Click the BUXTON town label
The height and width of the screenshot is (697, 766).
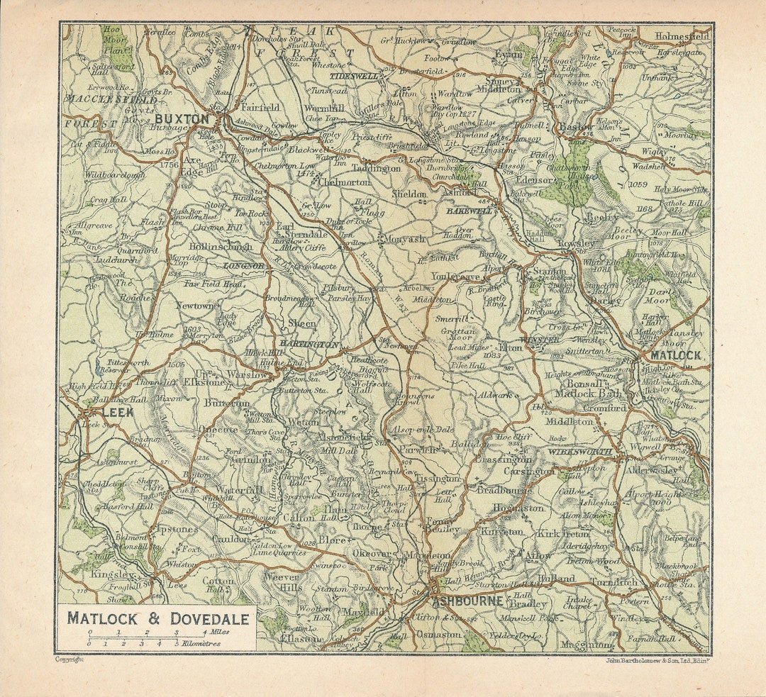pyautogui.click(x=182, y=119)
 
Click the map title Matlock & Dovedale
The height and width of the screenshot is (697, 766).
pyautogui.click(x=158, y=618)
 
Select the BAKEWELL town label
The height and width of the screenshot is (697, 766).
pyautogui.click(x=469, y=211)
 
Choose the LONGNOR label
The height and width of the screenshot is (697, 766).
pyautogui.click(x=243, y=265)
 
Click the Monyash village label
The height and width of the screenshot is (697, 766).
pyautogui.click(x=403, y=240)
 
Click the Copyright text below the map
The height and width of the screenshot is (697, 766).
pyautogui.click(x=70, y=659)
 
